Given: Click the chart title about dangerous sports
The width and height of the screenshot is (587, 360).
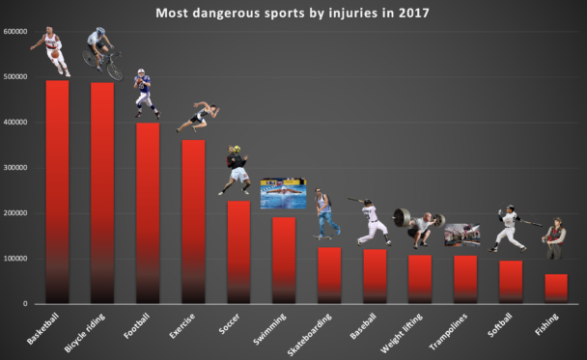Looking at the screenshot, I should click(x=294, y=14).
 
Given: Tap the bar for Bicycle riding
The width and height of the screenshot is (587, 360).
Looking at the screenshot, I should click(x=102, y=193).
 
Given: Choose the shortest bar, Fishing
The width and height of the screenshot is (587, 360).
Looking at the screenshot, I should click(x=555, y=289).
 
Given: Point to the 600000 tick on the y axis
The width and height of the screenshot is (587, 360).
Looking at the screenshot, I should click(x=14, y=32).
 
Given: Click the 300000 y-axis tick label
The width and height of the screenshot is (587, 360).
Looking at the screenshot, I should click(x=14, y=168).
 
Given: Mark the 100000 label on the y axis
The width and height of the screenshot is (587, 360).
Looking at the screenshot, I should click(x=14, y=259).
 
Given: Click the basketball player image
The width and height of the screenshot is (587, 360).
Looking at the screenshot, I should click(x=52, y=53).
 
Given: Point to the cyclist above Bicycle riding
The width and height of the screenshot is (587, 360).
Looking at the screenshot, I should click(x=101, y=53).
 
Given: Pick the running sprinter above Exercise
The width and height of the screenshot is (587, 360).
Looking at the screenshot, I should click(x=199, y=117).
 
